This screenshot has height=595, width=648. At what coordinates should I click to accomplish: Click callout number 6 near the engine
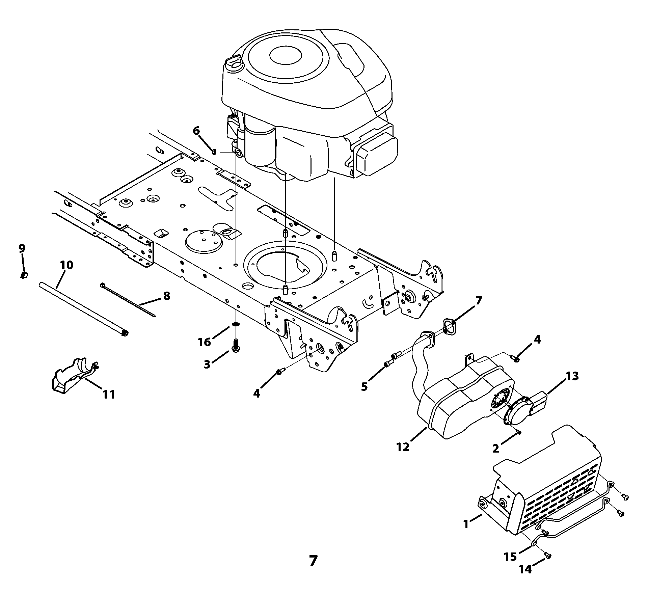(x=196, y=131)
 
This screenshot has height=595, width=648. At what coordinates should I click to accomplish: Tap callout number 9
(x=22, y=249)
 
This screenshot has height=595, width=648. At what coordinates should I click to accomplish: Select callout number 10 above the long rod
(x=67, y=265)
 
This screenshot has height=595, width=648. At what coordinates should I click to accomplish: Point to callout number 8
(x=166, y=296)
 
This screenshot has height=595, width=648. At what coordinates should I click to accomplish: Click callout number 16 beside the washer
(x=205, y=342)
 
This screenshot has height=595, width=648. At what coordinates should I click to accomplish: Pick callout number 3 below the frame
(x=207, y=364)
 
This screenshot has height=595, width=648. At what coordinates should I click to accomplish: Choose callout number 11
(x=109, y=394)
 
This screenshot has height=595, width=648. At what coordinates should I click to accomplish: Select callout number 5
(x=364, y=387)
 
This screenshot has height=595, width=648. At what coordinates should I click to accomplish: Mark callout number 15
(x=510, y=557)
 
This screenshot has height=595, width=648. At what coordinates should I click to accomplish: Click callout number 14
(x=525, y=569)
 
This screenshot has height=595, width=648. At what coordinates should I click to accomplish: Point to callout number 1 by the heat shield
(x=466, y=524)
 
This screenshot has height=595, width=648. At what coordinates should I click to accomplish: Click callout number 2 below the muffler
(x=496, y=449)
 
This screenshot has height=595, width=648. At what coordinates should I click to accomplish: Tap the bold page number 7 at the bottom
(x=313, y=561)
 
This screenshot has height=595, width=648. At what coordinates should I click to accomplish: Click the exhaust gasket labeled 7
(x=449, y=327)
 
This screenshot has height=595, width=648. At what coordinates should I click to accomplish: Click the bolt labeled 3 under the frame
(x=236, y=344)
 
